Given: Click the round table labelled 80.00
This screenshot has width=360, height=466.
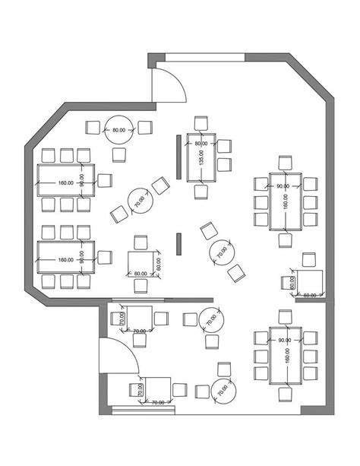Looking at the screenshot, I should click(x=119, y=130).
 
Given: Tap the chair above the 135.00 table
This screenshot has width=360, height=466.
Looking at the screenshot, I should click(x=201, y=124).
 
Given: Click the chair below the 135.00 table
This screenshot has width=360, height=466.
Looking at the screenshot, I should click(x=201, y=192).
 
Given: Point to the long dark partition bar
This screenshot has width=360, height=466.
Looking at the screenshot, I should click(x=178, y=157).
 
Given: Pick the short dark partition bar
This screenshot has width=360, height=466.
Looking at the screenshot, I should click(x=179, y=243).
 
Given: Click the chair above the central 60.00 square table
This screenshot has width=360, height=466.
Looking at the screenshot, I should click(x=140, y=243).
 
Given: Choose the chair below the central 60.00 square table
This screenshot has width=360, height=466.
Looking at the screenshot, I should click(x=140, y=286).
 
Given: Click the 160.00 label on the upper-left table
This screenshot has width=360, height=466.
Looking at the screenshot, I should click(x=65, y=183).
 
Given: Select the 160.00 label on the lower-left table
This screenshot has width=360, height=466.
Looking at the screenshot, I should click(x=65, y=260).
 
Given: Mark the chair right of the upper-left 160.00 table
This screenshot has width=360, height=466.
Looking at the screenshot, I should click(x=104, y=180).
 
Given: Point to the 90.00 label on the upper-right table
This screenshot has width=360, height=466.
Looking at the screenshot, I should click(x=283, y=186).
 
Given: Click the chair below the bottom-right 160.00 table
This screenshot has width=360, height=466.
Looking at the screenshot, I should click(x=285, y=392).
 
